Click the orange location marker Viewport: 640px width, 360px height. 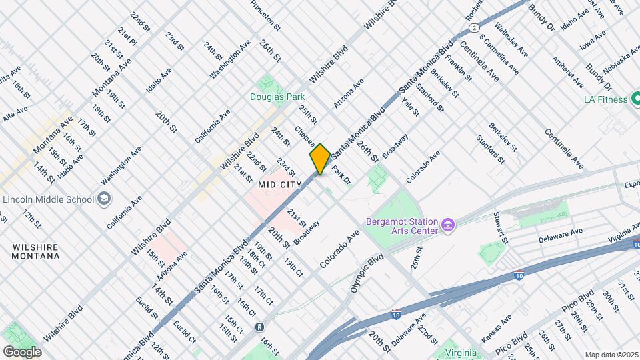coord(320,159)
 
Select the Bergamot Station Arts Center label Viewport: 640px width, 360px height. coord(402,226)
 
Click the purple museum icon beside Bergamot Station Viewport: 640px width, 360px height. coord(449,226)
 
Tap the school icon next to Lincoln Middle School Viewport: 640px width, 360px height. coord(103,198)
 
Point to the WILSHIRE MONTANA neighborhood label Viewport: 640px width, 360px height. coord(35,251)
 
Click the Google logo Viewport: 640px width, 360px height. coord(22,351)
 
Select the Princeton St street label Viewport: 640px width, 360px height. coord(265,15)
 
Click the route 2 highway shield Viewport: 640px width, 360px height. coord(473,27)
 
